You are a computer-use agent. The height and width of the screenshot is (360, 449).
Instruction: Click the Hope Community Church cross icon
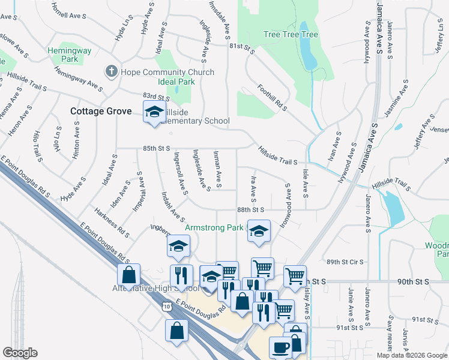point(111,72)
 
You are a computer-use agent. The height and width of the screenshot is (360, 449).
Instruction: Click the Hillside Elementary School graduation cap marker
point(154,112)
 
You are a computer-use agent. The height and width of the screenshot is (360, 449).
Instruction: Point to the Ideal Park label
point(176,82)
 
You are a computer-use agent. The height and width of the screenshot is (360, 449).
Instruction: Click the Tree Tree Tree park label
point(291,34)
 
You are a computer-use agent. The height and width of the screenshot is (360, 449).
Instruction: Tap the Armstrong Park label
point(214,227)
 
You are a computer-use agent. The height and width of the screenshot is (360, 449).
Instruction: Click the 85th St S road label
point(156,148)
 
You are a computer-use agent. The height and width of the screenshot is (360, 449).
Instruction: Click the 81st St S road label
point(242,49)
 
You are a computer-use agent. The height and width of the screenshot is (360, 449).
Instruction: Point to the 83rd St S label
point(156,97)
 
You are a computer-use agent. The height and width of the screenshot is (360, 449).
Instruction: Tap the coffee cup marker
point(281,347)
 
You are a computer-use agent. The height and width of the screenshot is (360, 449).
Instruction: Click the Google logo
point(20,353)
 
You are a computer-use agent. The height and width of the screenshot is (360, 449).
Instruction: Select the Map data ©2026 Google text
point(411,355)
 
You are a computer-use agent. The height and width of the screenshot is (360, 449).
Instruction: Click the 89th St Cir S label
point(345,262)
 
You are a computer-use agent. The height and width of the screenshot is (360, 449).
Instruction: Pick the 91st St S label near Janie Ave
point(350,328)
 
